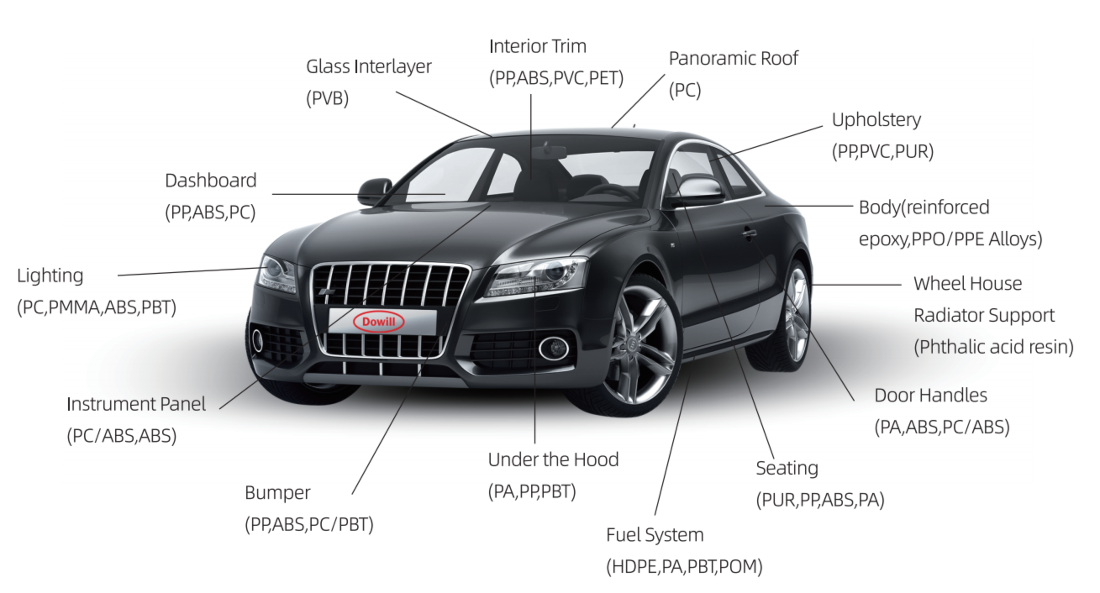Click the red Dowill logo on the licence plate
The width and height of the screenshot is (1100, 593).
coord(378,321)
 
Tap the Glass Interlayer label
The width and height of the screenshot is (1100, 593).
coord(368,67)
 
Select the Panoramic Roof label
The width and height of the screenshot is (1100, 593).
coord(733,58)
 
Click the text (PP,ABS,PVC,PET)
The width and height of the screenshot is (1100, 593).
coord(556,78)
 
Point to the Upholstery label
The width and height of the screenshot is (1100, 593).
coord(876,120)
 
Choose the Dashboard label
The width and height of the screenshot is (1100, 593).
coord(211,181)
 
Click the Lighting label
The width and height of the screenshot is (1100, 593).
coord(50,276)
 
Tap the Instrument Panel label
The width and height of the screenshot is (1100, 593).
coord(136,404)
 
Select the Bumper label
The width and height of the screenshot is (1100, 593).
coord(278,493)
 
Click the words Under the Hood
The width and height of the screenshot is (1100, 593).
coord(553,460)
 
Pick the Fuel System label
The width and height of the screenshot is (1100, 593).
coord(655,535)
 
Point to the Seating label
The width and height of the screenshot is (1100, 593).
coord(787,468)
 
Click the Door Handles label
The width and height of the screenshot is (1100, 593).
coord(931,395)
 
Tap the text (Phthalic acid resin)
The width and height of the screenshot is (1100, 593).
coord(994,346)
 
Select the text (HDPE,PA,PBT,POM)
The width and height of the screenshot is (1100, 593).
coord(684,567)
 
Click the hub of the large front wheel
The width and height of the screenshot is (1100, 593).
coord(633,342)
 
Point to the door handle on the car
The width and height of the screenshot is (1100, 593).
coord(749,233)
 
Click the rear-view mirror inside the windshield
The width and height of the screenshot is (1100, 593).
coord(550,151)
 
